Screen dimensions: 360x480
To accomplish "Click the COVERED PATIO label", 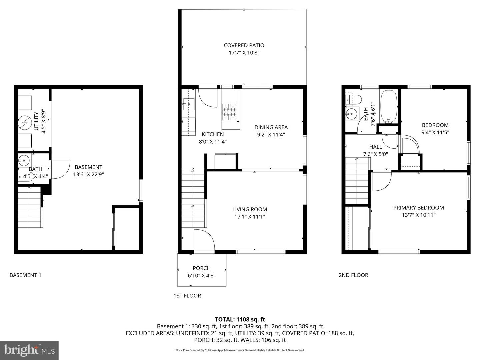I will (x=244, y=45).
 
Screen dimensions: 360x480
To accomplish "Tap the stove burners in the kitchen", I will (x=230, y=112).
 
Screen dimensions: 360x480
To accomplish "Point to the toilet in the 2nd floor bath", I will (x=354, y=99).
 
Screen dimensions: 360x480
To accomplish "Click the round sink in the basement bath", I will (x=24, y=161).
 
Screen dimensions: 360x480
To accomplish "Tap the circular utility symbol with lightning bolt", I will (x=24, y=123).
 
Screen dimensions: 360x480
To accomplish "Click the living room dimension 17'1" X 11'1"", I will (x=250, y=217).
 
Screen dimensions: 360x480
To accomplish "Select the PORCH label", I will (x=202, y=268).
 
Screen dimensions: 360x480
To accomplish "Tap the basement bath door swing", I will (x=60, y=169).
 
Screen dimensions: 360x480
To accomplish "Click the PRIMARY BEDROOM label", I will (x=419, y=208).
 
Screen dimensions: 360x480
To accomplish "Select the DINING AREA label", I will (x=271, y=127).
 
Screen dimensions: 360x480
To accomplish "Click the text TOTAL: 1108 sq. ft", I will (x=240, y=319).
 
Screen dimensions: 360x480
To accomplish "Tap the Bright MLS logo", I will (x=29, y=350).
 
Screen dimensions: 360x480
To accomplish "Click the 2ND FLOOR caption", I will (x=353, y=275).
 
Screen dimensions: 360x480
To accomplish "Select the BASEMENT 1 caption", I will (x=25, y=275).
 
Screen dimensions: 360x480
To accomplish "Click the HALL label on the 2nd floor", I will (x=376, y=147).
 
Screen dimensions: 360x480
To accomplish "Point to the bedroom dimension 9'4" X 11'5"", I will (x=435, y=132).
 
